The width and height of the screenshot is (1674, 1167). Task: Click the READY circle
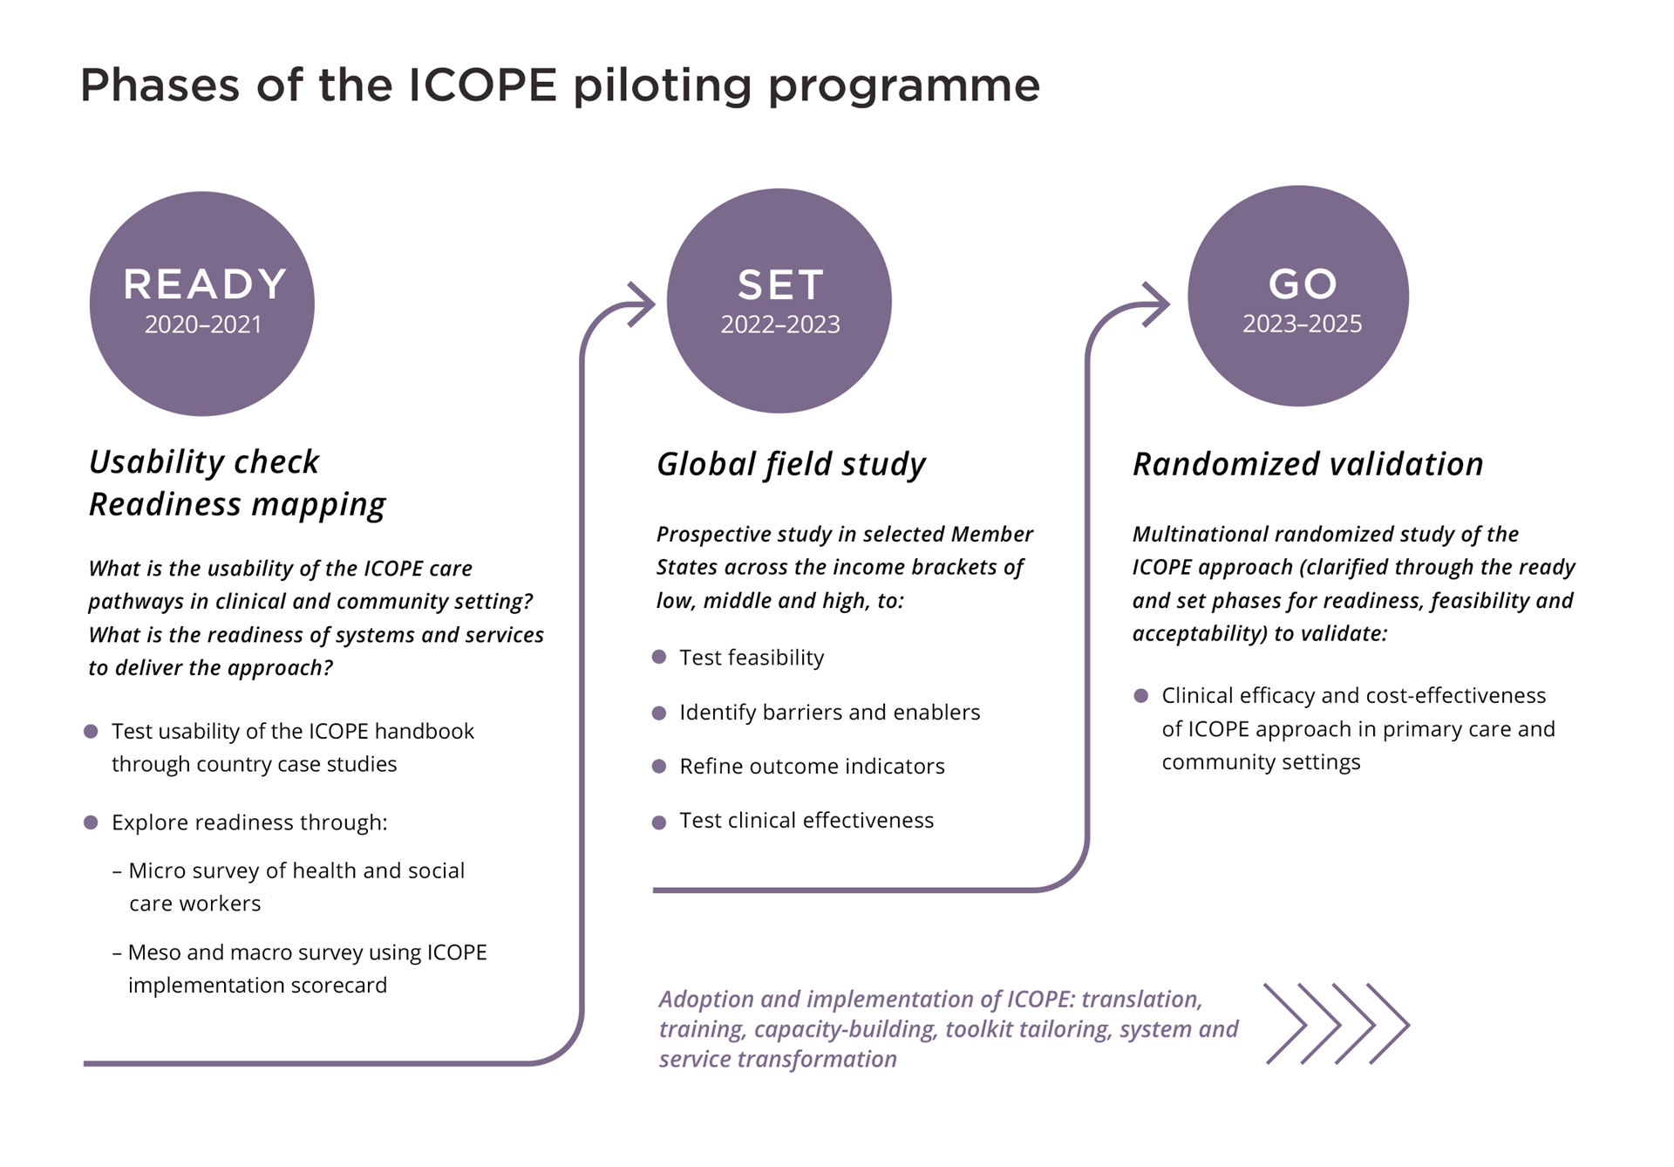(202, 303)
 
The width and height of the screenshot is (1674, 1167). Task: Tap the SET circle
(779, 301)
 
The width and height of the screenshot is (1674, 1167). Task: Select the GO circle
(1298, 296)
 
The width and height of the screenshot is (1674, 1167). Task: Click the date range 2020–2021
(203, 324)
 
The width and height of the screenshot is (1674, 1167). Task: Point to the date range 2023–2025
(1302, 324)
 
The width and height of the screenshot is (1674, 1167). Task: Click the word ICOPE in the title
(482, 85)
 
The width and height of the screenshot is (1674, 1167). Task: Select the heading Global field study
(791, 464)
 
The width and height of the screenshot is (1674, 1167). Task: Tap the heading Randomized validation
(1308, 464)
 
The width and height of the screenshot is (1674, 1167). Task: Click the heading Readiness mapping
(237, 504)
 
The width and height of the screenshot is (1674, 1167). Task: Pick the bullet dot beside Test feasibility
(659, 657)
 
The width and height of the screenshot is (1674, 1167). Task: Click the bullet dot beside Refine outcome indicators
(659, 766)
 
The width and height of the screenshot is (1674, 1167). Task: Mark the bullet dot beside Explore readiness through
(91, 822)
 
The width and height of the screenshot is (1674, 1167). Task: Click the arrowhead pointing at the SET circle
(642, 304)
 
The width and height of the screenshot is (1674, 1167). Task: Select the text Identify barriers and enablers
(829, 713)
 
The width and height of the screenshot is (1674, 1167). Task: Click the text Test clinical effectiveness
(806, 821)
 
